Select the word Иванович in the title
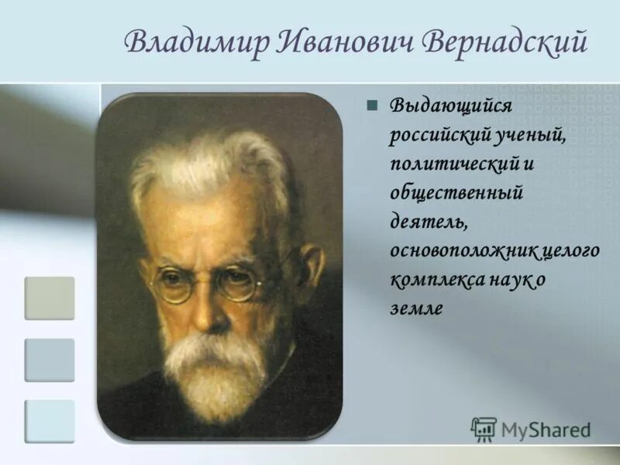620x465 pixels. click(x=336, y=43)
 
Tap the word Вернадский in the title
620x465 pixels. click(x=504, y=43)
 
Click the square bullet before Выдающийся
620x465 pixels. click(x=372, y=105)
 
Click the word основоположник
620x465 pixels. click(x=456, y=250)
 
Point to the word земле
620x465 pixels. click(x=415, y=308)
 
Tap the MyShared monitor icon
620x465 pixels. click(x=484, y=429)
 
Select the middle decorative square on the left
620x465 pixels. click(x=50, y=360)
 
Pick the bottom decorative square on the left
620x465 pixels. click(x=50, y=421)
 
